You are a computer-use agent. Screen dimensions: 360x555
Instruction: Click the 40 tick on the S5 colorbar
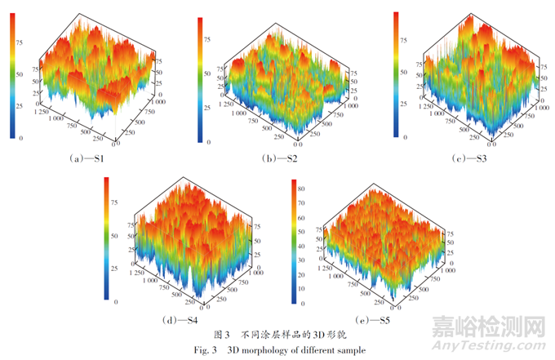tap(304, 247)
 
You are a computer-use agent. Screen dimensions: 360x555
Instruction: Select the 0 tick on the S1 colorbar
tap(20, 140)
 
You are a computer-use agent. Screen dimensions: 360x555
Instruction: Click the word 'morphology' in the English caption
tap(267, 349)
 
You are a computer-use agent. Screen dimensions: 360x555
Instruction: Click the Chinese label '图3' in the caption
tap(221, 335)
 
